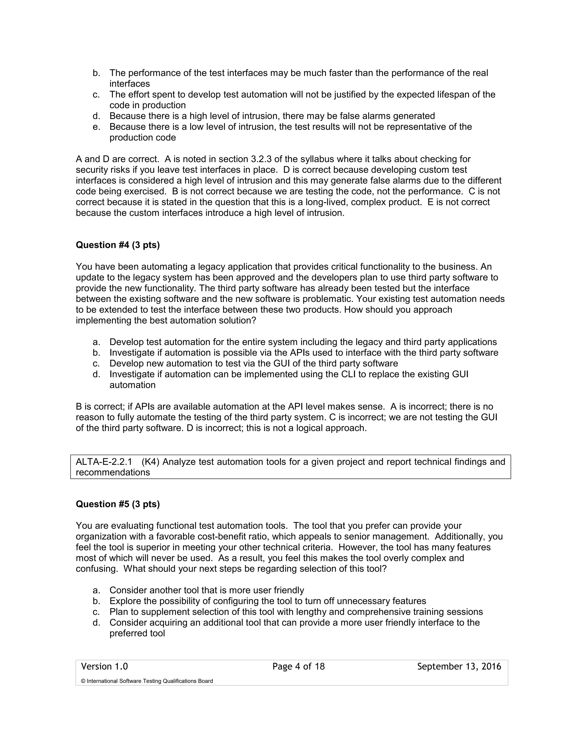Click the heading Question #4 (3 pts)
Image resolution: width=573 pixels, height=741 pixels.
point(118,245)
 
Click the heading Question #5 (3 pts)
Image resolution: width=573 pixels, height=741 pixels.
point(118,504)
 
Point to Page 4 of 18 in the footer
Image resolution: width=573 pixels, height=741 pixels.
point(298,667)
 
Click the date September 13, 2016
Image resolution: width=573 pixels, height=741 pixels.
point(459,667)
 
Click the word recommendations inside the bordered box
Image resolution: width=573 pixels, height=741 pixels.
point(113,473)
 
